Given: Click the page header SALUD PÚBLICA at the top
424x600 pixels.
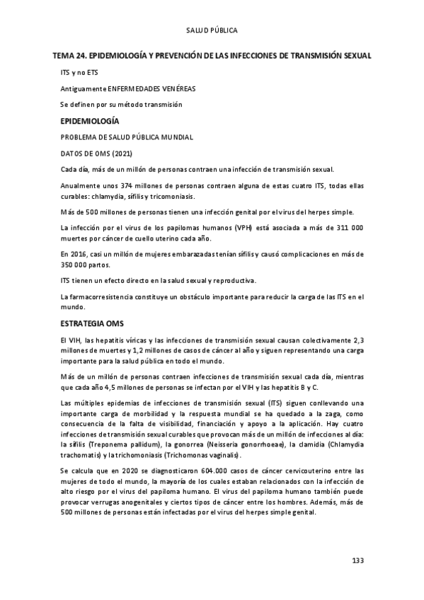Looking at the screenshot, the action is point(212,30).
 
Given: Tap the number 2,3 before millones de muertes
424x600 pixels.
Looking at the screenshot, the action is point(357,340).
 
